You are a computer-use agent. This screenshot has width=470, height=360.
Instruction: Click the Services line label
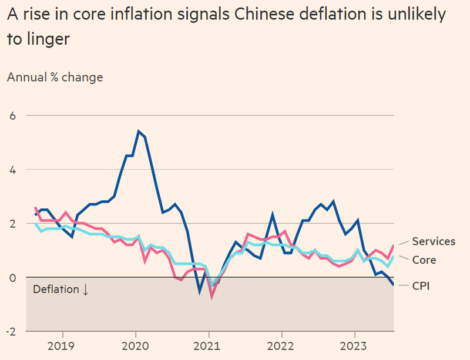point(434,241)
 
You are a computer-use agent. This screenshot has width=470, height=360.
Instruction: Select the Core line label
point(424,260)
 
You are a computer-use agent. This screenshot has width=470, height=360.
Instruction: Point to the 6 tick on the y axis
point(11,116)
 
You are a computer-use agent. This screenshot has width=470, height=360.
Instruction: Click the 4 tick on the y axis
point(11,170)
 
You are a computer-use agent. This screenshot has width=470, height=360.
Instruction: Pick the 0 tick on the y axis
point(11,277)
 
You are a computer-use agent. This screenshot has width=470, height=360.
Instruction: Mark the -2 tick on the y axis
point(10,331)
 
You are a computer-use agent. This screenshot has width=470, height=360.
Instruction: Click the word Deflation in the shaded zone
point(55,290)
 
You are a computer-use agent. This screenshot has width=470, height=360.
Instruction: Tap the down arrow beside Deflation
point(85,290)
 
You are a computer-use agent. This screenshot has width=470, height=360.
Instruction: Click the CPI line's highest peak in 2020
point(138,131)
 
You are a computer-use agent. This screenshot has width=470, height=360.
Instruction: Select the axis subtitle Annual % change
point(55,77)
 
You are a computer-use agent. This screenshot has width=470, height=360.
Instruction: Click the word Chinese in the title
point(258,16)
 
